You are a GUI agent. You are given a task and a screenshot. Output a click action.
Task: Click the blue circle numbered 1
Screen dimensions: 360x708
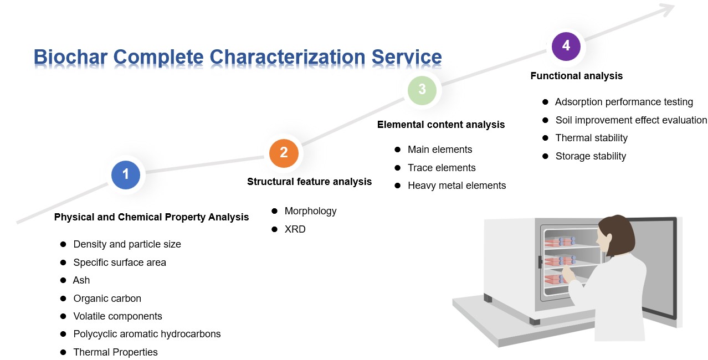[x=126, y=174]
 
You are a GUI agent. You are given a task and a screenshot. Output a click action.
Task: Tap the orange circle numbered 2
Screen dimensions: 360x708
[x=284, y=153]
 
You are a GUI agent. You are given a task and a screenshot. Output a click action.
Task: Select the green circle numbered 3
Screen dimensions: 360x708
[x=422, y=89]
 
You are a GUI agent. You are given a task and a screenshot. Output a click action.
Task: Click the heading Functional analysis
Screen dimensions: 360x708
[x=576, y=76]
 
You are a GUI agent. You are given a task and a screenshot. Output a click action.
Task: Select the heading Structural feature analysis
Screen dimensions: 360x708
[x=309, y=182]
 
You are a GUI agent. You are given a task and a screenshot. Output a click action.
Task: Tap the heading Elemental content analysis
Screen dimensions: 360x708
[x=441, y=125]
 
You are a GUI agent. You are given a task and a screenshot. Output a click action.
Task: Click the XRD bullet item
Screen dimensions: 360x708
[x=295, y=229]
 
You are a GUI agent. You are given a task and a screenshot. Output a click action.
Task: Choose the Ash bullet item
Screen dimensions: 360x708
[x=81, y=280]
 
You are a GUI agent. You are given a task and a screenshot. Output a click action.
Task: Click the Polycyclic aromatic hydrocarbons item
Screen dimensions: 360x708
[x=147, y=334]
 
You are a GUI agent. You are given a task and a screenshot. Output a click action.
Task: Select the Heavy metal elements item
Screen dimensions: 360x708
[x=456, y=186]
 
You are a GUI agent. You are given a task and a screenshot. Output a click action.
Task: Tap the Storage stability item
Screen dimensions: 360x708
[x=591, y=156]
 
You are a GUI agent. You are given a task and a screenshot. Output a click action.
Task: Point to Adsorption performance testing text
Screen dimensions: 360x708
[x=624, y=102]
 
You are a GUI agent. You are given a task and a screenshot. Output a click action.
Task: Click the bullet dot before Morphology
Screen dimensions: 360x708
[x=274, y=211]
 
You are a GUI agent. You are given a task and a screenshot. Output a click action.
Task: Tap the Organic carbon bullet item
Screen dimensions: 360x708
[x=107, y=299]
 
